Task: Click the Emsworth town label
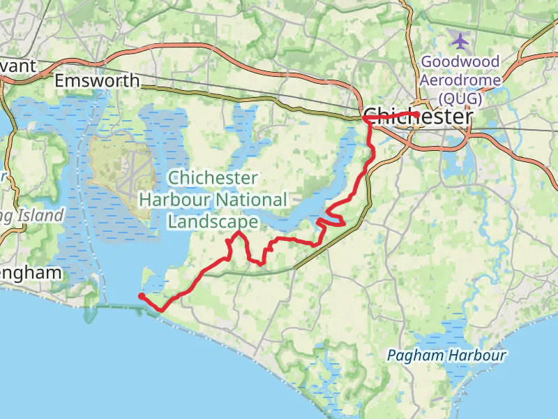97,81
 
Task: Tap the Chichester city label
417,117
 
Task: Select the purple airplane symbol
460,38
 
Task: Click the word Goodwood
460,61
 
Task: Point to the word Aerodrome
460,80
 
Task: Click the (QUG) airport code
460,98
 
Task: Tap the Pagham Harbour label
446,355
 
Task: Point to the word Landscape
213,221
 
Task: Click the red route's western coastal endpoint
142,297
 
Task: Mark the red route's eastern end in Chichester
416,114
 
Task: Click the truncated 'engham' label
31,272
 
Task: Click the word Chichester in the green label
213,178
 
